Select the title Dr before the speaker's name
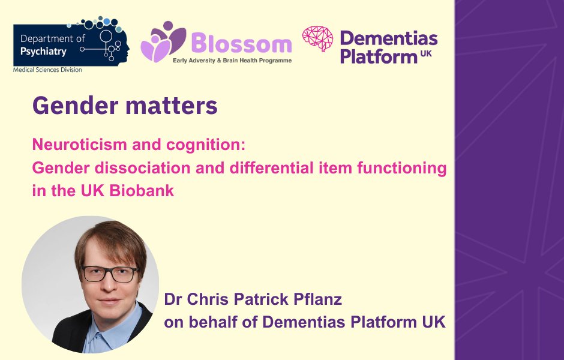point(173,299)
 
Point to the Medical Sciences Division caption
point(47,70)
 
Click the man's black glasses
point(109,274)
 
